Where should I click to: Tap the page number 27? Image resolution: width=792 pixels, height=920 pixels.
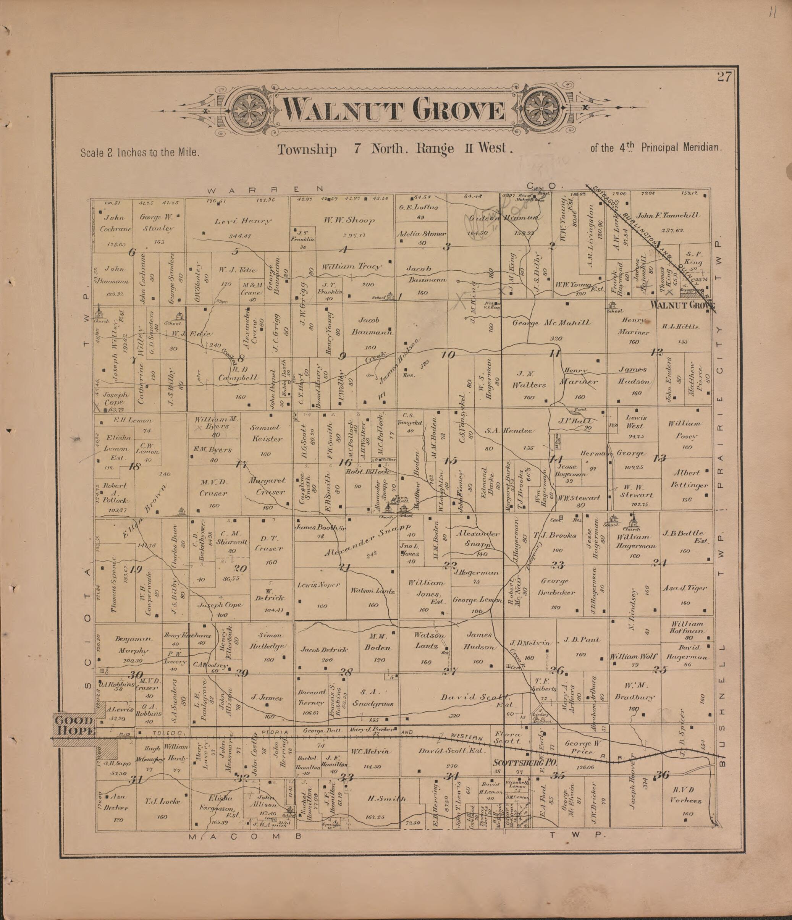pyautogui.click(x=723, y=77)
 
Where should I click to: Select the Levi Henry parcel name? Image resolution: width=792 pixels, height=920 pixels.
pyautogui.click(x=243, y=221)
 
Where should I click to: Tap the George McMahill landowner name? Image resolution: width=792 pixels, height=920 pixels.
pyautogui.click(x=551, y=323)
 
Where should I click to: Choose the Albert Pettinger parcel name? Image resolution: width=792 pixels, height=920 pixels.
pyautogui.click(x=686, y=480)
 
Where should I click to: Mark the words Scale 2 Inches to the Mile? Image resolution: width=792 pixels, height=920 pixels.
pyautogui.click(x=140, y=153)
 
